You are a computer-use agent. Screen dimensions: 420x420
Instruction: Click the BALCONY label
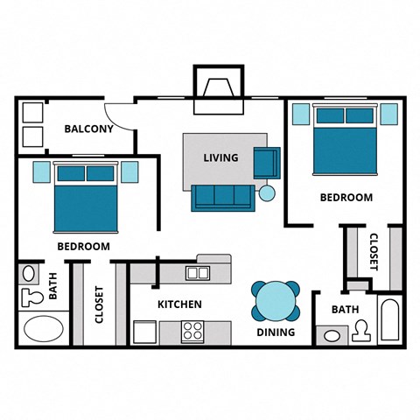(x=88, y=129)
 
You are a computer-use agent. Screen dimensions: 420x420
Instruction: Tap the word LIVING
(x=220, y=158)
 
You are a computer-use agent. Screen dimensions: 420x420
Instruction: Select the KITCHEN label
(x=179, y=304)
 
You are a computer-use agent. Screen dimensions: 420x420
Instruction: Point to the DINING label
(x=275, y=332)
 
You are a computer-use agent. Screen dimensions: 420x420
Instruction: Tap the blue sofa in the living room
(x=221, y=198)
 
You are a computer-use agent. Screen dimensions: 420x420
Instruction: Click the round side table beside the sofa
(x=267, y=193)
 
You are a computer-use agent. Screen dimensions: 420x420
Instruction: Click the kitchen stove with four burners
(x=192, y=332)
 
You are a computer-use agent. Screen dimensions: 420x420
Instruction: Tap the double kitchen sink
(x=198, y=273)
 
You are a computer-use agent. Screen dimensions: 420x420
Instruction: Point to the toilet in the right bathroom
(x=360, y=331)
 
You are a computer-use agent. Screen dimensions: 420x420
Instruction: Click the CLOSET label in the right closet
(x=372, y=251)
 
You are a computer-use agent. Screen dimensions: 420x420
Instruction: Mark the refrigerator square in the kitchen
(x=143, y=332)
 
